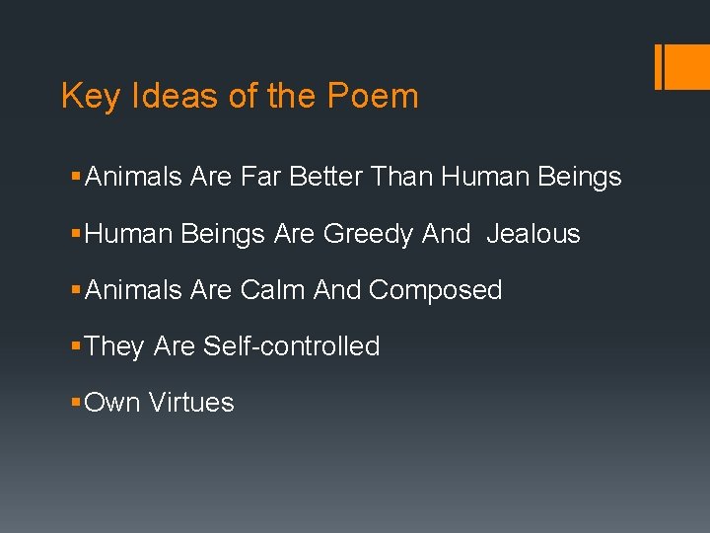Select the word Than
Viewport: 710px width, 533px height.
[x=402, y=178]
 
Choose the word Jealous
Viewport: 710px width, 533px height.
[x=533, y=234]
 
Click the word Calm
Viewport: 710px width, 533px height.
[x=272, y=290]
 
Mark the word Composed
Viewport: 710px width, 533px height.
[x=435, y=290]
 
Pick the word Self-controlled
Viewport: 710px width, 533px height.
[x=291, y=346]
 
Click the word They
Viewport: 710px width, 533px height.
[x=114, y=346]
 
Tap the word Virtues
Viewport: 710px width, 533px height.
[x=191, y=403]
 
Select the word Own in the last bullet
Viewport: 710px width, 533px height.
[x=112, y=403]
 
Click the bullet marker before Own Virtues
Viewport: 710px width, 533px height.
[x=77, y=403]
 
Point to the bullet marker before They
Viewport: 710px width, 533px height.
[x=77, y=346]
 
